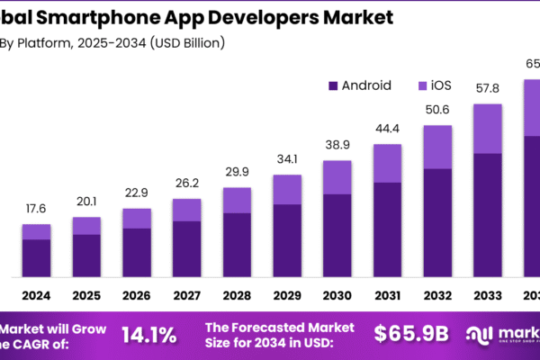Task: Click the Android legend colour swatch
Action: click(x=333, y=86)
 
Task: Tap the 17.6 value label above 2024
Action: click(x=37, y=210)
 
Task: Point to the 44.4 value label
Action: click(x=387, y=129)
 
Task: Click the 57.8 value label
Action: click(x=487, y=89)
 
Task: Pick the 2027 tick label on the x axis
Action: click(x=186, y=295)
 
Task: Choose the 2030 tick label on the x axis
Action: click(x=337, y=295)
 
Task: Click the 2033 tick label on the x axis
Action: click(x=487, y=295)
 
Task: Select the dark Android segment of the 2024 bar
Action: click(x=37, y=257)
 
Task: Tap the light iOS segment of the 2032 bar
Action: click(x=437, y=147)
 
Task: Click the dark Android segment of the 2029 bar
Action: click(x=287, y=239)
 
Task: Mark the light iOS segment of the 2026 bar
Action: click(x=137, y=219)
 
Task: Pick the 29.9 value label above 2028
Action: click(x=237, y=173)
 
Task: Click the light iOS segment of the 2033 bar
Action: click(x=487, y=129)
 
